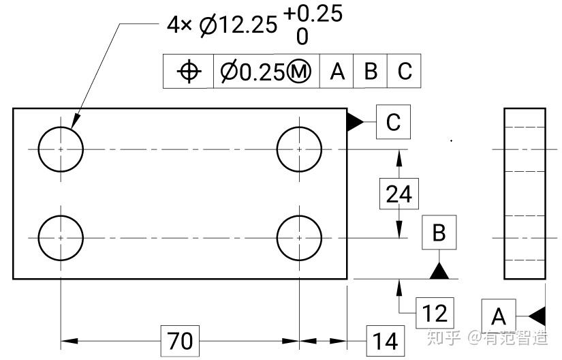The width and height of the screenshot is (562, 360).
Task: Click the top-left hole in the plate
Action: [x=61, y=149]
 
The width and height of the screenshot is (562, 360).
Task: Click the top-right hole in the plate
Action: [x=299, y=149]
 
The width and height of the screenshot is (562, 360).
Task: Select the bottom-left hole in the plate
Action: [x=61, y=238]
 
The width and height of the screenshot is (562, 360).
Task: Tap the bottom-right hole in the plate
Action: [x=299, y=238]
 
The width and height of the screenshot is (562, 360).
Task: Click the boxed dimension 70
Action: [x=181, y=340]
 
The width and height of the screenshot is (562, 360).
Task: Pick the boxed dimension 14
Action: [x=384, y=340]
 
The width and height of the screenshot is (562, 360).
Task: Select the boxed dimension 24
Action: [x=399, y=194]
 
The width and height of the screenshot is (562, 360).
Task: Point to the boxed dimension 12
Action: [x=434, y=313]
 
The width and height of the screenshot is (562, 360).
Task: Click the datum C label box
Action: [x=393, y=123]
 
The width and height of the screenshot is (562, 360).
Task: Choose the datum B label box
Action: [x=439, y=232]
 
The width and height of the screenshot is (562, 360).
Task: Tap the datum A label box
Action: [x=499, y=316]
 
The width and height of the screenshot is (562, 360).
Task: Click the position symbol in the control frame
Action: [x=189, y=72]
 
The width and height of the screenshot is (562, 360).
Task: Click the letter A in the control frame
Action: [x=337, y=72]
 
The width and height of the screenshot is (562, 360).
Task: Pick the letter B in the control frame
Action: [x=371, y=72]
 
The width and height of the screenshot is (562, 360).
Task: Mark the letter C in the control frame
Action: [x=405, y=72]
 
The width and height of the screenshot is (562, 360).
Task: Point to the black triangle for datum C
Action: [x=354, y=123]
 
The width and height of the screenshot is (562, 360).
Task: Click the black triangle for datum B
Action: [x=439, y=271]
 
